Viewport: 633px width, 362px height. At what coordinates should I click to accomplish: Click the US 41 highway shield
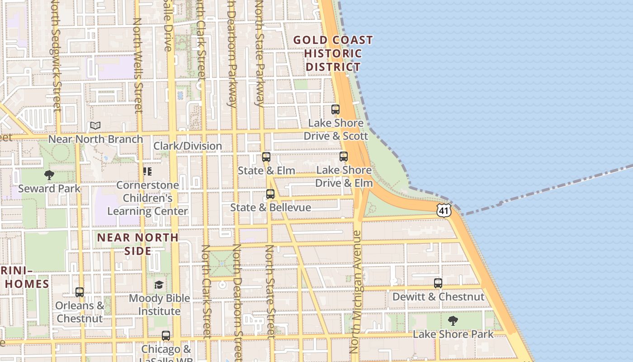tap(444, 210)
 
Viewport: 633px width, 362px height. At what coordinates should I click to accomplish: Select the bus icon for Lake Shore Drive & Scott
tap(335, 110)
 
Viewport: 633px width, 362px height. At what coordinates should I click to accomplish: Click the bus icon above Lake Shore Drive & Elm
tap(344, 157)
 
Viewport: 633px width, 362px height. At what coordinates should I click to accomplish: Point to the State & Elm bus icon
tap(266, 157)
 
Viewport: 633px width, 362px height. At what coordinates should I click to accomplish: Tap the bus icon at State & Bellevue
tap(270, 194)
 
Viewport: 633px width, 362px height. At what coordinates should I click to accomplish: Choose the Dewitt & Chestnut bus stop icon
tap(438, 283)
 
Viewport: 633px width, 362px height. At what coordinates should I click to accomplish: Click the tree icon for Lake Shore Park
tap(453, 321)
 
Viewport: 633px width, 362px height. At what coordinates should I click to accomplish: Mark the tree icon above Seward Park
tap(49, 175)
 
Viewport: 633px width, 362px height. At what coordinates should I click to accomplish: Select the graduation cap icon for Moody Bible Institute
tap(159, 285)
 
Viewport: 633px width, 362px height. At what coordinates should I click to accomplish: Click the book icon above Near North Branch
tap(95, 125)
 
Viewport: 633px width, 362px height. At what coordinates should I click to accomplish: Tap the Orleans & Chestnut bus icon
tap(80, 292)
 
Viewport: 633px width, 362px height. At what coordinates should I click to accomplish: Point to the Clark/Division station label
tap(188, 146)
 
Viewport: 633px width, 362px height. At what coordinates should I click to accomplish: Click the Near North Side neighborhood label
tap(138, 244)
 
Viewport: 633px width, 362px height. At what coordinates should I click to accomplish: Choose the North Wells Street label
tap(137, 66)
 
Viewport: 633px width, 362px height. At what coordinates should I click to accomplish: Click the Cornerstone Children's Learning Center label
tap(147, 198)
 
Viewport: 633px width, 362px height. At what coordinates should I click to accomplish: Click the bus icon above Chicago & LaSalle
tap(166, 336)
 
